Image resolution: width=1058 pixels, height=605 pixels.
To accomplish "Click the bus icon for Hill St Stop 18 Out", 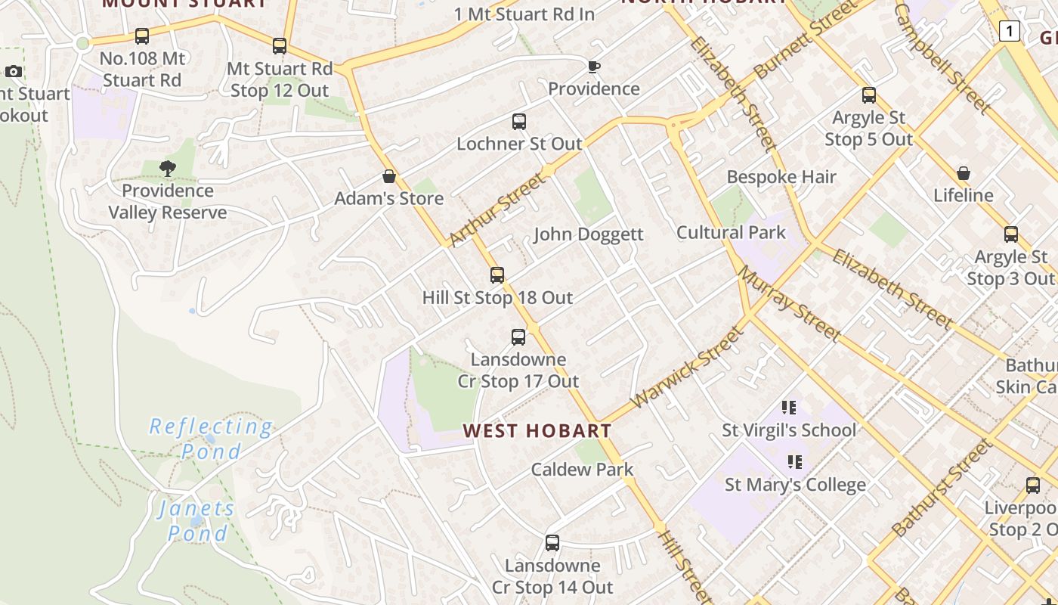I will point(497,275).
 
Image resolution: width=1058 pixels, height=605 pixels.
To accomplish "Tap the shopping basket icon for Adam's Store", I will point(389,177).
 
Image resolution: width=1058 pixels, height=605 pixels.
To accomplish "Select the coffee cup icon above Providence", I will point(594,67).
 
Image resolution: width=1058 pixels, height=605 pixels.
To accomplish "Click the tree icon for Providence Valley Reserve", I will point(168,169).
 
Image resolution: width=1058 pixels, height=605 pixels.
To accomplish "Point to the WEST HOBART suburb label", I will point(537,431).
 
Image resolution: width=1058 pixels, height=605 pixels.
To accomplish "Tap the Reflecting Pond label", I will point(210,439).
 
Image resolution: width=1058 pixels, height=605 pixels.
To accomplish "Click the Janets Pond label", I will point(196,521).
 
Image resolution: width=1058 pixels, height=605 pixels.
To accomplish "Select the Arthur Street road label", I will point(497,209).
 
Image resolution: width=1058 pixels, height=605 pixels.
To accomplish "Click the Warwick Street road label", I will point(686,367).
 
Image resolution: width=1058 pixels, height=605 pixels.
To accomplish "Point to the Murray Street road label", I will point(789,302).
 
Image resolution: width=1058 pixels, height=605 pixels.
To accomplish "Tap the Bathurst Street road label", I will point(942,488).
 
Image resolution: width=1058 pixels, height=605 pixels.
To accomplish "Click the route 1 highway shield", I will point(1009,31).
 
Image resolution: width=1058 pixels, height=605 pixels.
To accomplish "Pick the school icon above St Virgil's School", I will point(789,408).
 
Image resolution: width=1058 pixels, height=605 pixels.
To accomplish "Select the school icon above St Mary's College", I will point(795,462).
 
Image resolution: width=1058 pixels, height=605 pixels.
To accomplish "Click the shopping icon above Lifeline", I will point(964,174).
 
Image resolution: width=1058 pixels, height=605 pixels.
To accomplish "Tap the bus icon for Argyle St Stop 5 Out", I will point(869,95).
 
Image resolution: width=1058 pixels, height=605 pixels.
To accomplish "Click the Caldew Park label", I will point(582,470).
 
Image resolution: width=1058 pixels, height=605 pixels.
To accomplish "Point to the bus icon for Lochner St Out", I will point(519,122).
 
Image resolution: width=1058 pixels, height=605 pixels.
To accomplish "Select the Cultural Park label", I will point(731,232).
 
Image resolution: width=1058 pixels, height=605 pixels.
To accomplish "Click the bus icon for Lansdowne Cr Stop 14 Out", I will point(552,543).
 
